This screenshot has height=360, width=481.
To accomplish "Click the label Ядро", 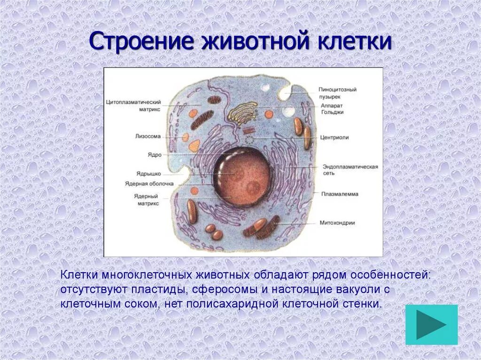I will coord(155,154).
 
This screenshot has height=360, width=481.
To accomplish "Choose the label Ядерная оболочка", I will coord(149,184).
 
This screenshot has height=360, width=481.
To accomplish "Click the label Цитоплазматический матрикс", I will coord(134,105).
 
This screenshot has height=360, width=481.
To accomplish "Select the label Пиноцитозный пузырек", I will coord(337,92).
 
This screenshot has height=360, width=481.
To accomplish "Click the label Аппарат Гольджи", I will coord(333,109).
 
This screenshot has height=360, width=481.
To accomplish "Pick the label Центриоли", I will coord(334,138).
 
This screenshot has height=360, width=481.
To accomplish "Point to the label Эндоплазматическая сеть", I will coord(350,170).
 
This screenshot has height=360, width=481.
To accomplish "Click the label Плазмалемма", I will coord(340,194).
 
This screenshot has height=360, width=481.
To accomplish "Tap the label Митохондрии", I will coord(337,223).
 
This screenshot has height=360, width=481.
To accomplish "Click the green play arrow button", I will coord(431,325).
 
